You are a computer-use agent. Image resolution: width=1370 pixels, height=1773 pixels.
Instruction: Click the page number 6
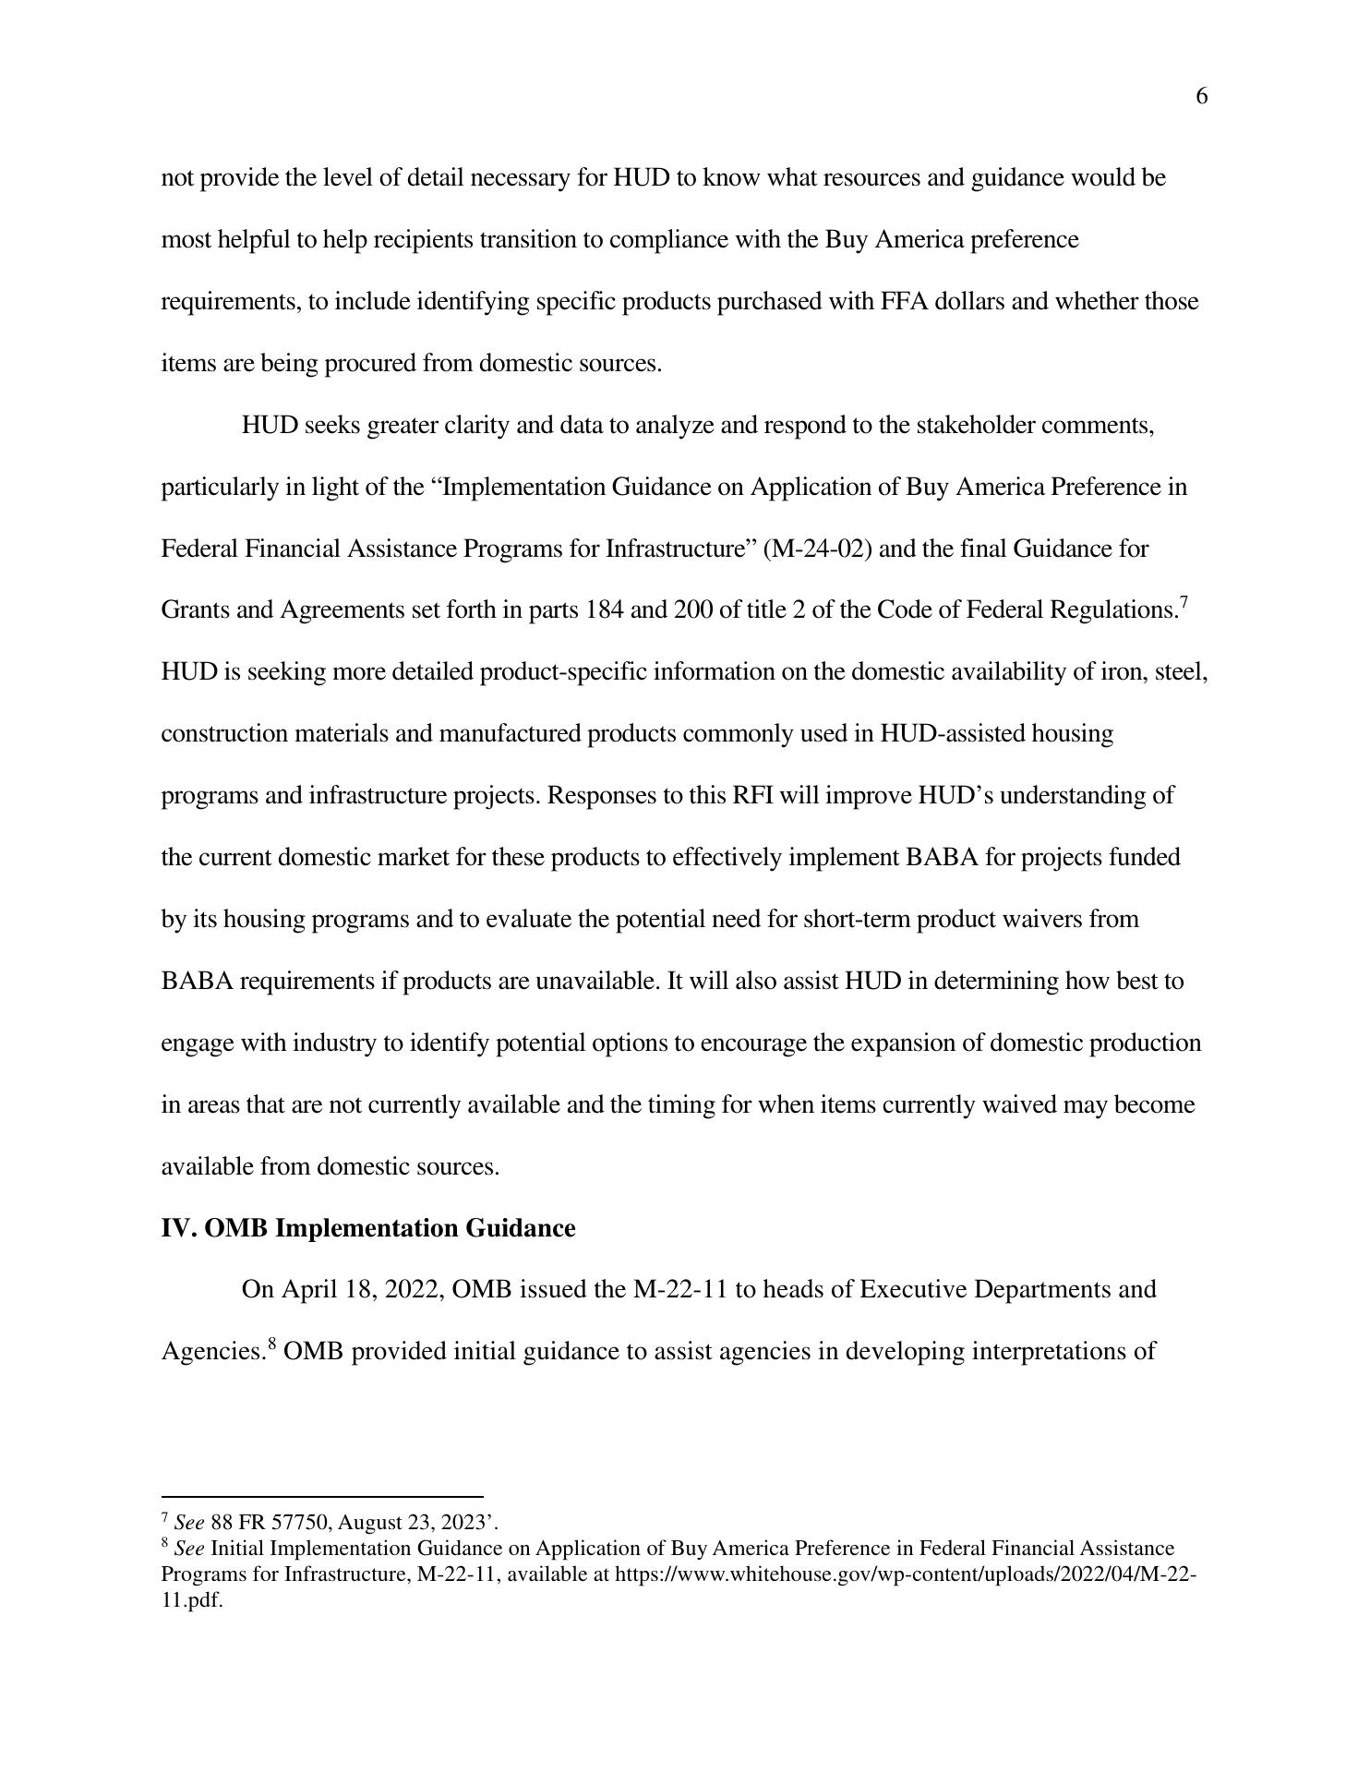(x=1201, y=97)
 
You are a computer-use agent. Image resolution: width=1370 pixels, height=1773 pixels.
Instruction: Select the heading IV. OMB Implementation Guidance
(x=367, y=1229)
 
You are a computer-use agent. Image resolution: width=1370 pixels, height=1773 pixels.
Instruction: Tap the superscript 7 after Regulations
(x=1184, y=603)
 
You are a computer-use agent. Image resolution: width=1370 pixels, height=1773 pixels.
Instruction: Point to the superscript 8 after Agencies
(x=272, y=1345)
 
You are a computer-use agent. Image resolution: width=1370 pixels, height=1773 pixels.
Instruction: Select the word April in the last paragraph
(x=309, y=1290)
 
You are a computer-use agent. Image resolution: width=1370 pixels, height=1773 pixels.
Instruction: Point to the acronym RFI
(x=752, y=796)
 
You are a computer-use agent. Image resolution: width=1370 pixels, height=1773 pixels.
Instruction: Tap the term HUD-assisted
(x=952, y=734)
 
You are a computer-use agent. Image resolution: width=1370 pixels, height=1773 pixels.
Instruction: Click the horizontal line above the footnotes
(x=322, y=1496)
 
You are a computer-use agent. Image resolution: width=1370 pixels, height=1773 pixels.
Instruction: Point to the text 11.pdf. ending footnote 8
(x=192, y=1600)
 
